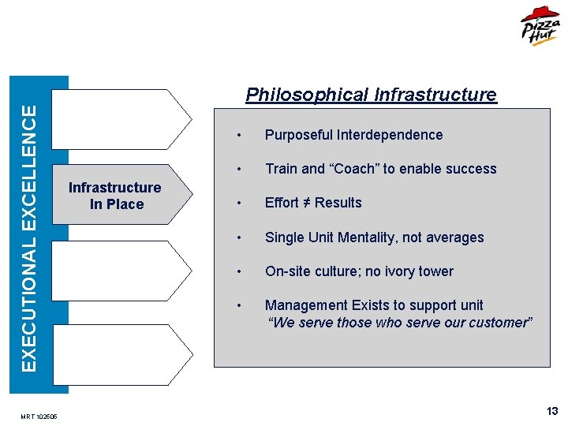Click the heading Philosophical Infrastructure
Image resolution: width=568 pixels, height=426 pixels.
pyautogui.click(x=371, y=95)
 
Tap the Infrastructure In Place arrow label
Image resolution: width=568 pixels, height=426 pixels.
pyautogui.click(x=115, y=196)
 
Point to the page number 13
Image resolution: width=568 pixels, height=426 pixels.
pyautogui.click(x=552, y=411)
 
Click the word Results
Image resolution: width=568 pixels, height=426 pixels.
pyautogui.click(x=338, y=203)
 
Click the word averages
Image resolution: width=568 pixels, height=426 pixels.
pyautogui.click(x=457, y=237)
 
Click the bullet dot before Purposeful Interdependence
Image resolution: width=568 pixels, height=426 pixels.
pyautogui.click(x=236, y=136)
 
